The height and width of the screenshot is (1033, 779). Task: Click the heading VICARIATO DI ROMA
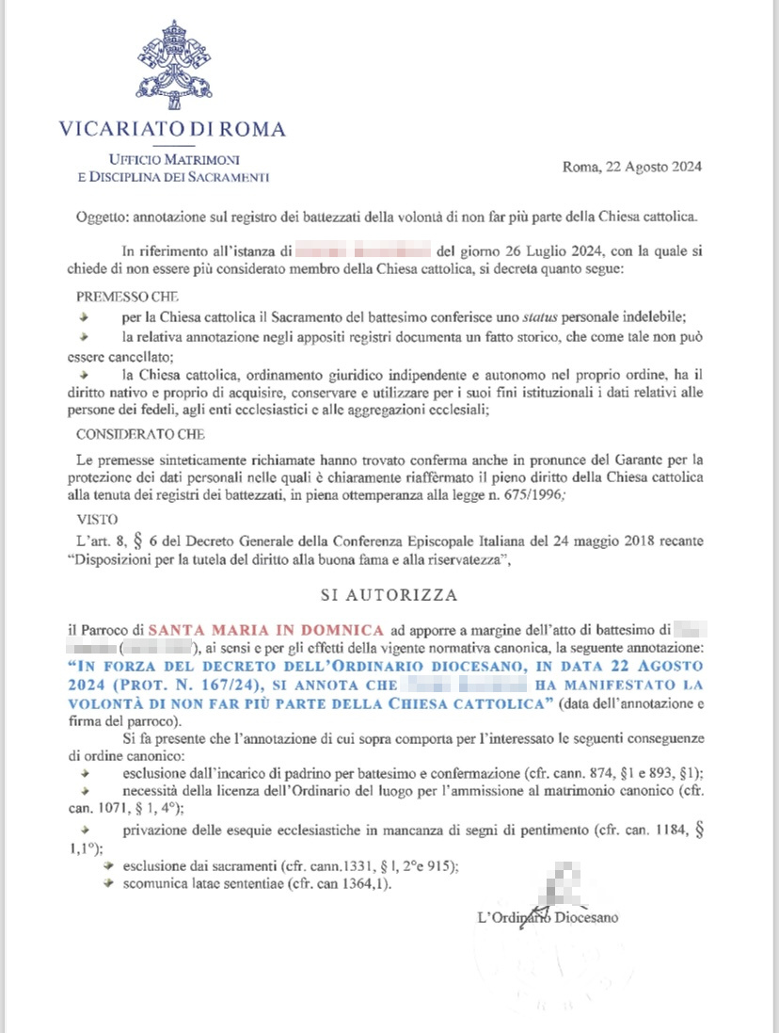[172, 129]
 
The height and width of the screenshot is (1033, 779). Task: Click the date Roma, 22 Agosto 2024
[631, 168]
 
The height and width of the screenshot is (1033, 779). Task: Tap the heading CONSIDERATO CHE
[140, 434]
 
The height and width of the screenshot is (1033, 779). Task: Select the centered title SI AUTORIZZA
[389, 596]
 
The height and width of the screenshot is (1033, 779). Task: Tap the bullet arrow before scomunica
[110, 884]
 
